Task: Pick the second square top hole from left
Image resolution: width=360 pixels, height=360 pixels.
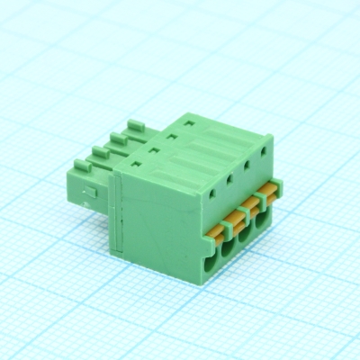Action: coord(153,148)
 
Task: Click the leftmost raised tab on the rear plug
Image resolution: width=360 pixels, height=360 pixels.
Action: coord(81,166)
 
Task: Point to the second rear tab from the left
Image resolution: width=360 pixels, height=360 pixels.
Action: coord(100,151)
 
